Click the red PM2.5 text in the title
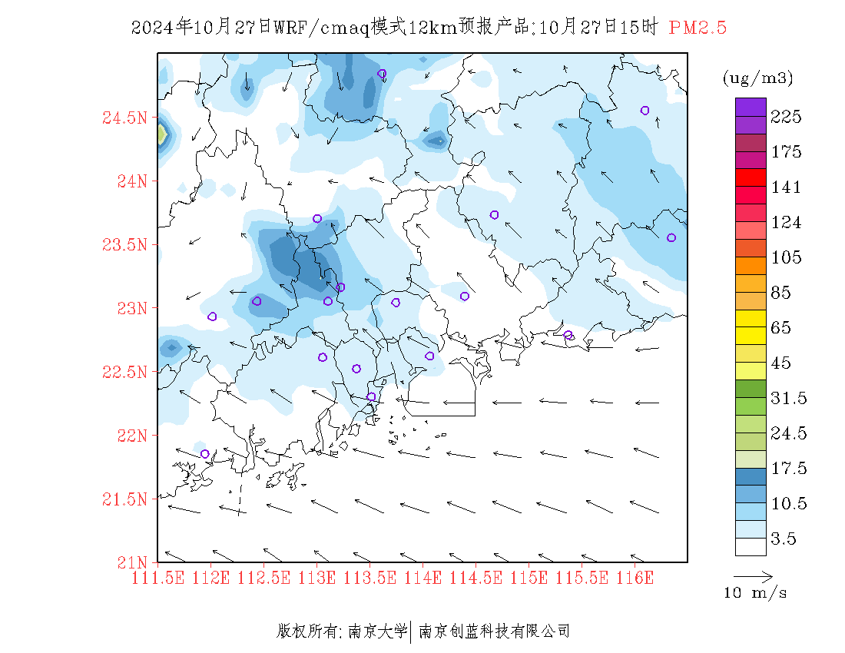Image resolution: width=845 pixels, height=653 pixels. pyautogui.click(x=698, y=28)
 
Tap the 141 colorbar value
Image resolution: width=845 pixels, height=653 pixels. pyautogui.click(x=786, y=187)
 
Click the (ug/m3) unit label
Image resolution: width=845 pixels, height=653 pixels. pyautogui.click(x=757, y=78)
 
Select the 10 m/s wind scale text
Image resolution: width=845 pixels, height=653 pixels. pyautogui.click(x=756, y=593)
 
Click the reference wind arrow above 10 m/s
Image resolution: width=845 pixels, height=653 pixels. pyautogui.click(x=753, y=575)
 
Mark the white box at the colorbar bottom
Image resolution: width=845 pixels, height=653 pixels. pyautogui.click(x=751, y=546)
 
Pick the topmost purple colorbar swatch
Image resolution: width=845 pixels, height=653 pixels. pyautogui.click(x=751, y=107)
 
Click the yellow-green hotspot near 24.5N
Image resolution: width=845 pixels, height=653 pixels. pyautogui.click(x=161, y=135)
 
